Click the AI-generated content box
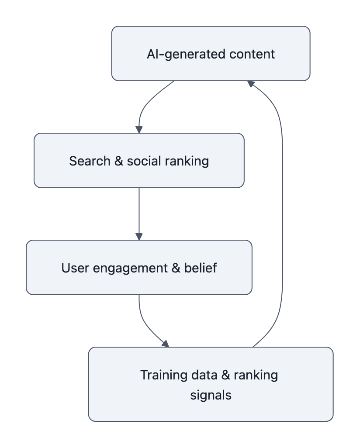211,53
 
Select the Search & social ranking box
139,160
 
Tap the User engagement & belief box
139,267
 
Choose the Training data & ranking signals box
211,384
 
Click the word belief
201,268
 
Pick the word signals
211,395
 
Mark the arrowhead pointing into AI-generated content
251,83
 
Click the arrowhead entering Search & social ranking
139,129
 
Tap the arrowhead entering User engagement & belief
139,236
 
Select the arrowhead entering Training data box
165,343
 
